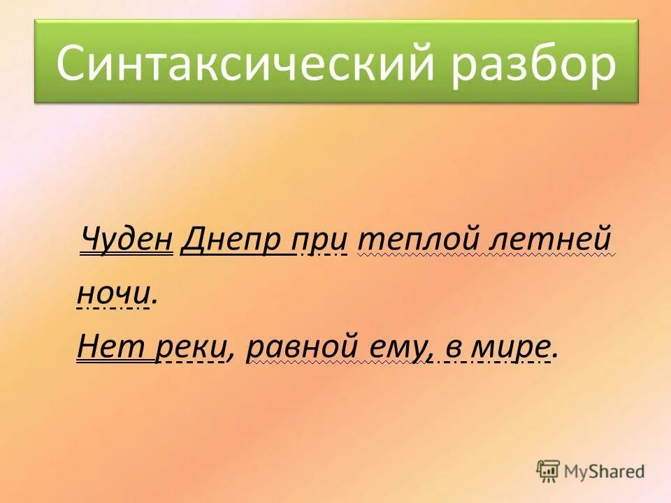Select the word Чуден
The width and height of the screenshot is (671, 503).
pyautogui.click(x=127, y=240)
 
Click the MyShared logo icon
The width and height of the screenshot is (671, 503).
pyautogui.click(x=548, y=471)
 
